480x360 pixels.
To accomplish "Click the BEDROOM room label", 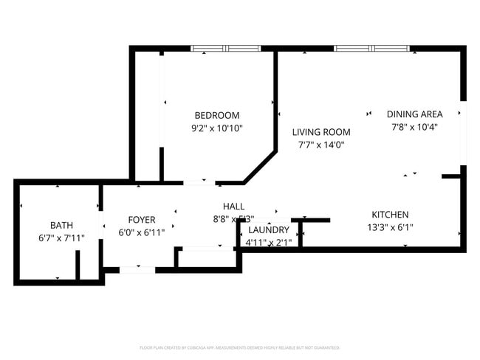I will click(216, 115).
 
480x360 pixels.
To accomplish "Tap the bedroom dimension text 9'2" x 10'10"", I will click(216, 128).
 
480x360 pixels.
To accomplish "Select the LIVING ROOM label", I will click(320, 132).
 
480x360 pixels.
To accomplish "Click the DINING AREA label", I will click(414, 114).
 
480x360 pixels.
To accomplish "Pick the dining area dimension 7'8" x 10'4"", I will click(414, 127).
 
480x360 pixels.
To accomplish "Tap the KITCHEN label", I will click(390, 215).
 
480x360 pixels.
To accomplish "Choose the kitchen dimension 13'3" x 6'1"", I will click(390, 227).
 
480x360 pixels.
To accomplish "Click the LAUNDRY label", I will click(269, 230).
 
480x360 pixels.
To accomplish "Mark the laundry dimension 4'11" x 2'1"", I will click(268, 242).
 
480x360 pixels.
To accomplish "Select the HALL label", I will click(233, 207).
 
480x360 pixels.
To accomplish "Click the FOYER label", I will click(142, 220).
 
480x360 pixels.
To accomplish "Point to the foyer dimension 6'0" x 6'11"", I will click(142, 232).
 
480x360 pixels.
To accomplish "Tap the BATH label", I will click(62, 225).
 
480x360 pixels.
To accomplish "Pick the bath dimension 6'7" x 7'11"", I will click(62, 238).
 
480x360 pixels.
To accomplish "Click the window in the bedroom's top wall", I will click(226, 49).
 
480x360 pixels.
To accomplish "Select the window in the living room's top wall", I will click(372, 49).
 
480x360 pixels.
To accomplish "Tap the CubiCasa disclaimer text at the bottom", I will click(240, 347).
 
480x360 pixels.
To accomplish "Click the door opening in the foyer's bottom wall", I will click(137, 270).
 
